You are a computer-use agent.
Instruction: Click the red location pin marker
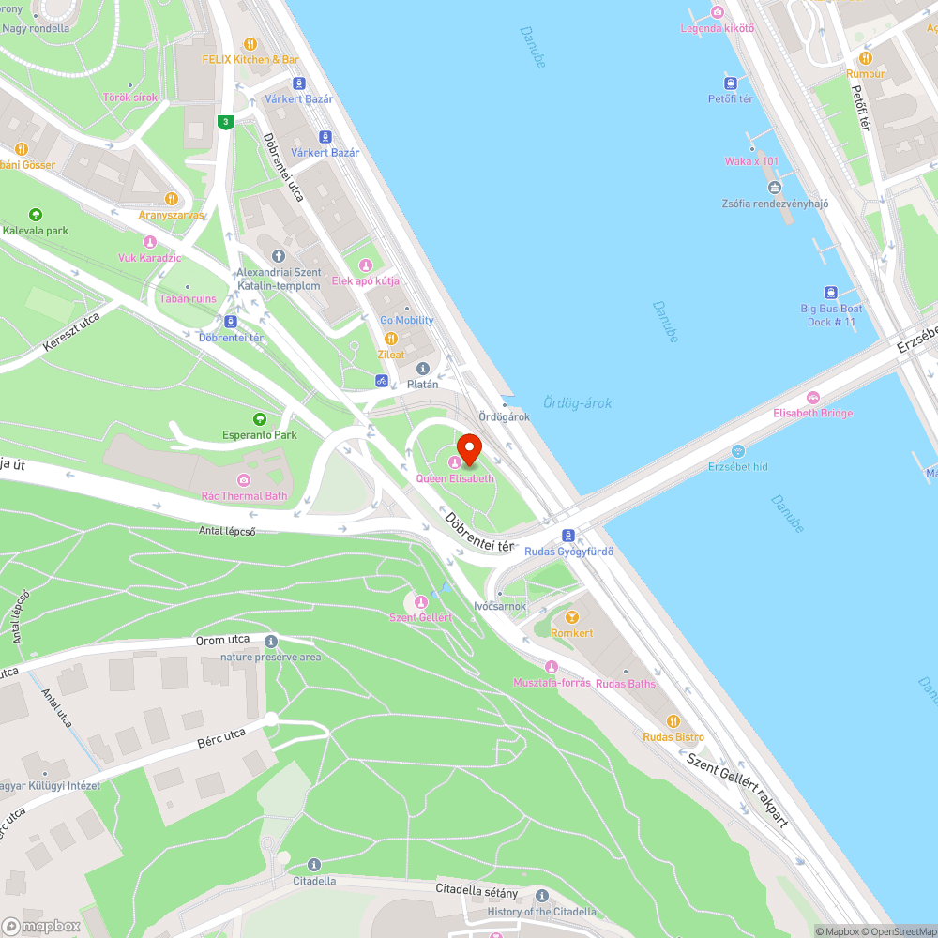click(468, 448)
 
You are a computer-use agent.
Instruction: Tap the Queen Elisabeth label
click(455, 478)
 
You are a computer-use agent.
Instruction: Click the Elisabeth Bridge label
click(812, 413)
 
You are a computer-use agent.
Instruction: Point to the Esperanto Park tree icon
click(260, 419)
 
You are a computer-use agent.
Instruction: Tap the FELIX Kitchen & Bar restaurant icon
click(250, 43)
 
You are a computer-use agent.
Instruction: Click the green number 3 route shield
click(224, 122)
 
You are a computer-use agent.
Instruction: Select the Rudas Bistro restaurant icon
click(673, 721)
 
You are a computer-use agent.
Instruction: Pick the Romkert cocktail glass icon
click(571, 617)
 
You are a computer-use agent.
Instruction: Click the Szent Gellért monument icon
click(421, 601)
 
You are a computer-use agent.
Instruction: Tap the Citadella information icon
click(314, 865)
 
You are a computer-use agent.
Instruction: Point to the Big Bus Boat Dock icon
click(830, 293)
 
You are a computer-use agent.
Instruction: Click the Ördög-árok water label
click(578, 403)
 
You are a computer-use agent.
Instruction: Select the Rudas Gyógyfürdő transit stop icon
click(568, 536)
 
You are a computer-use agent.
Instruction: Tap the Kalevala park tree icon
click(36, 215)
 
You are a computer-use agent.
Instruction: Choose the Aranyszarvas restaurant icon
click(171, 199)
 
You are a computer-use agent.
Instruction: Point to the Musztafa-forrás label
click(552, 682)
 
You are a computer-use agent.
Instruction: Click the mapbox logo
click(42, 925)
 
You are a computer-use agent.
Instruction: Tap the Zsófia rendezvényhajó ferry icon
click(774, 188)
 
